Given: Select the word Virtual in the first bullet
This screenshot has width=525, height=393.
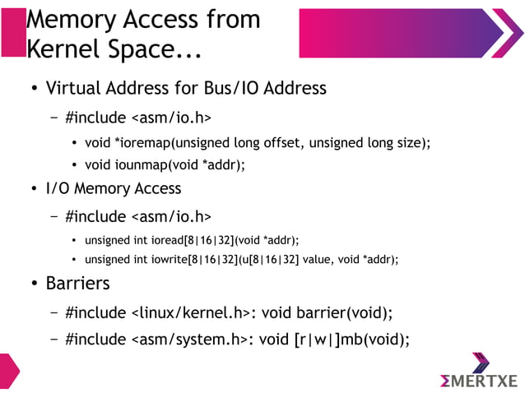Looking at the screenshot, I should (x=75, y=88).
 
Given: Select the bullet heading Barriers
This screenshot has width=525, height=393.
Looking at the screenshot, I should (x=77, y=284).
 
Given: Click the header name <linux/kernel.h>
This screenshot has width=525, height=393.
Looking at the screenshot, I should (x=190, y=312).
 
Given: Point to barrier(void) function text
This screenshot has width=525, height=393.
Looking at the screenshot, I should (x=345, y=312).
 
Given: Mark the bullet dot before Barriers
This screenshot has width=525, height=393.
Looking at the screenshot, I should (x=34, y=285).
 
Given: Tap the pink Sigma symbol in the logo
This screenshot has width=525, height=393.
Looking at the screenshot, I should (x=451, y=381).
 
